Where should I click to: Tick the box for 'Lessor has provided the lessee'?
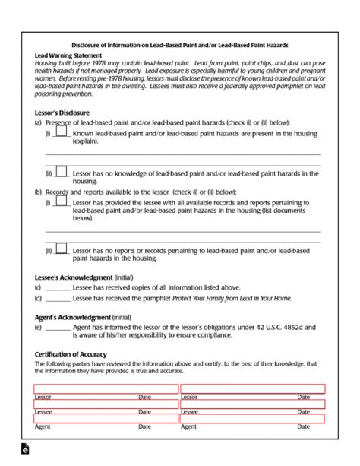tap(62, 203)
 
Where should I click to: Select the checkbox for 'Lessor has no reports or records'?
tap(62, 249)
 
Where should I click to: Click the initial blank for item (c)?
tap(58, 289)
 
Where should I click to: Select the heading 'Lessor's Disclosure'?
tap(62, 112)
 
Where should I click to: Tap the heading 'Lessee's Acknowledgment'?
tap(74, 277)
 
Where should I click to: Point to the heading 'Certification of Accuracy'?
tap(71, 354)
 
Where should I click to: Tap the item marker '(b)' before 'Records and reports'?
tap(38, 192)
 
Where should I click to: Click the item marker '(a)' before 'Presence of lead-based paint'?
tap(38, 122)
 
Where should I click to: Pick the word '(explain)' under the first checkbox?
tap(86, 141)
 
